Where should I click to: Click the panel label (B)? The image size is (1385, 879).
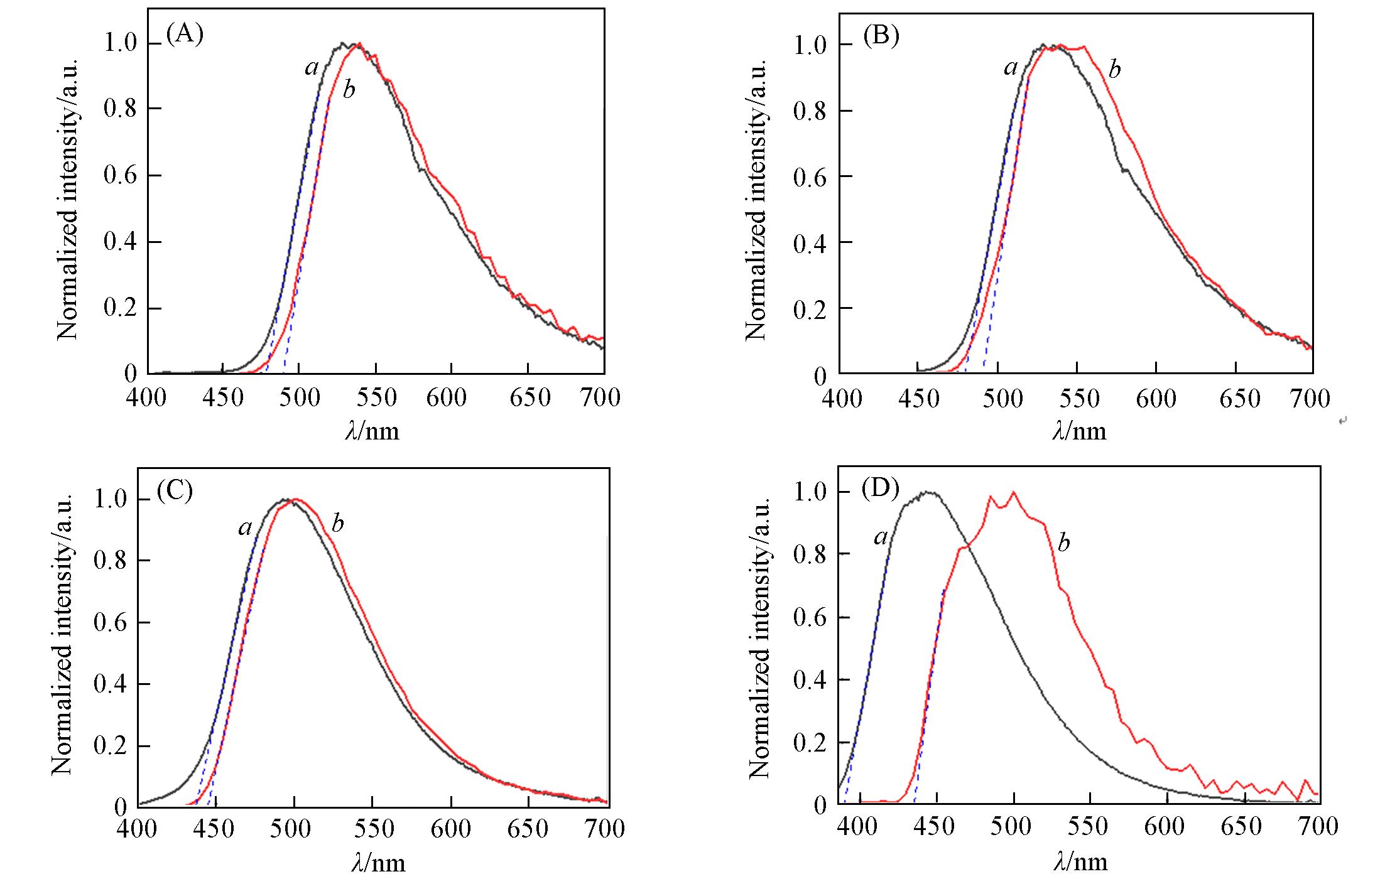(881, 36)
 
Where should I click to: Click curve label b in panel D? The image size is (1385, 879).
(1063, 543)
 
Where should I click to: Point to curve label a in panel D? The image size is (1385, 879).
(881, 537)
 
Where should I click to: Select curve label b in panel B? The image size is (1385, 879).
(1114, 69)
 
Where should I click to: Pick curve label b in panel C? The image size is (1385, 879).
(338, 523)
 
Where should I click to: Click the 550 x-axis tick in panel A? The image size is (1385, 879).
(375, 398)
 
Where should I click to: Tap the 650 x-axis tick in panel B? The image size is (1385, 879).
(1236, 399)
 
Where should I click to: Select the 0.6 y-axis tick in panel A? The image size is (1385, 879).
(120, 175)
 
